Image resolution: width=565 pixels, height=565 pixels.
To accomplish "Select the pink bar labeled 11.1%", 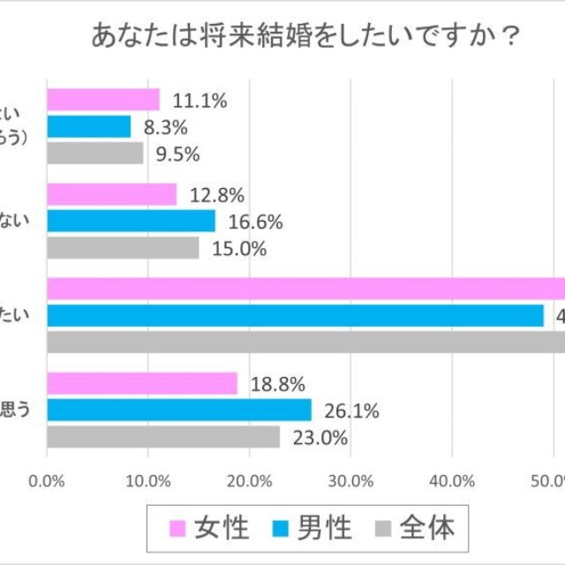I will pos(102,100).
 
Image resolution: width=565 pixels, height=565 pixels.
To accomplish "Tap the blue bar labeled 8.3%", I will pos(88,127).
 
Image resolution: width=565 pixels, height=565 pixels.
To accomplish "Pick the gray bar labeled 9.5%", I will pos(94,154).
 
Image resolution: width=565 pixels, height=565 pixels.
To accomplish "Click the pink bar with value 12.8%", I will pos(111,194).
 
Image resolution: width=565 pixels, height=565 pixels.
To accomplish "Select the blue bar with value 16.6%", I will pos(131,222).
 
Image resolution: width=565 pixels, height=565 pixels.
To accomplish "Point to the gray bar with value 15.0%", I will pos(123,248).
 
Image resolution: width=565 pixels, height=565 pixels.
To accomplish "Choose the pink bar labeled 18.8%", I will pos(141,383).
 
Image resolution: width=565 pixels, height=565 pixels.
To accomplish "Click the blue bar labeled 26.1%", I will pos(178,410).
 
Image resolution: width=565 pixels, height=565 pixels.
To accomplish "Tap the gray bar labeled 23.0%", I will pos(162,437).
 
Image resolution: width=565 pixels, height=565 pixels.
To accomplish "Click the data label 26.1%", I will pos(351,411).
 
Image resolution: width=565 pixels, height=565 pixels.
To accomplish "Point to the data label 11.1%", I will pos(200,101).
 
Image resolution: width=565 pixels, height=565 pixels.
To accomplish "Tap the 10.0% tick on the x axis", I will pos(147,481).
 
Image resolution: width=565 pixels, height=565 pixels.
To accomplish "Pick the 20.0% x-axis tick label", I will pos(249,481).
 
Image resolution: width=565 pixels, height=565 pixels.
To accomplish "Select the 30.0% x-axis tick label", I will pos(350,481).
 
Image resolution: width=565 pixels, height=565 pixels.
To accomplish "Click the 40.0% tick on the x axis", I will pos(452,481).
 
